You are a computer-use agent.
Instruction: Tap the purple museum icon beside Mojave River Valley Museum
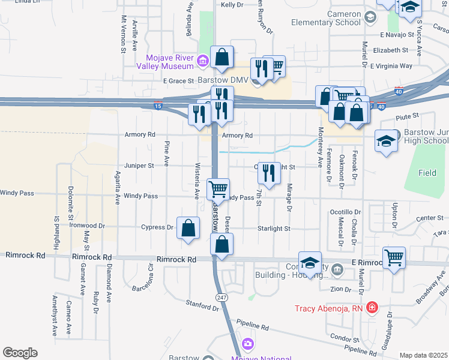202,60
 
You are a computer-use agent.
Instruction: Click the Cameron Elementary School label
326,18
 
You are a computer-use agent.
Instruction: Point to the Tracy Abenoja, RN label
330,310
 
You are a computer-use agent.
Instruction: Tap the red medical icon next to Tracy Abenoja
372,308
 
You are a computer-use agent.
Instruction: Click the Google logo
20,353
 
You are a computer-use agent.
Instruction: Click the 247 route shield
221,298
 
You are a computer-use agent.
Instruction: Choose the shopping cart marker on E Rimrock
394,257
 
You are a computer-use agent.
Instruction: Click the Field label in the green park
427,173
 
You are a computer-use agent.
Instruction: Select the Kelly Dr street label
232,5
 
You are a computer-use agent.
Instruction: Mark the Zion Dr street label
340,289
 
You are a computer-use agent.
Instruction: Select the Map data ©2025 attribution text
423,355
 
